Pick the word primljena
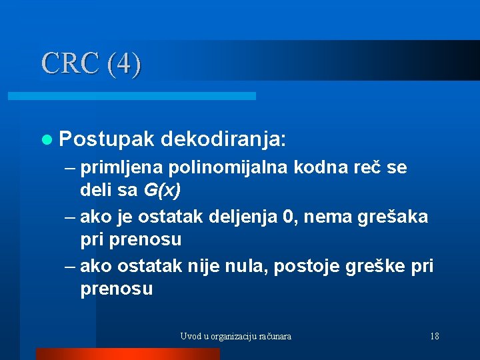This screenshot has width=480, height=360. click(123, 167)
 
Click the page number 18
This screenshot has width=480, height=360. click(435, 336)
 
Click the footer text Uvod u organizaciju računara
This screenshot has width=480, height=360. click(235, 336)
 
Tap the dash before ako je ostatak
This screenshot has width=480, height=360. click(71, 217)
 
